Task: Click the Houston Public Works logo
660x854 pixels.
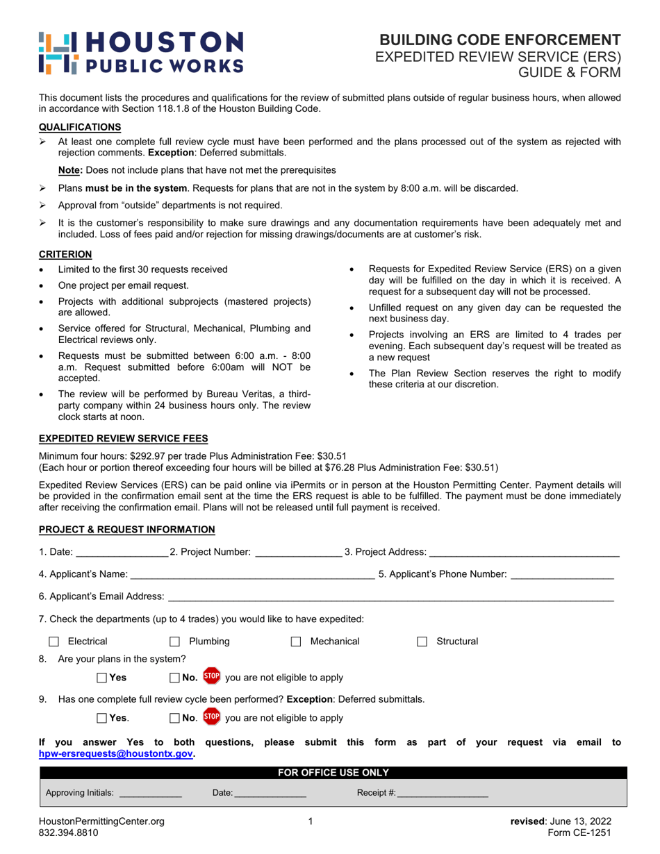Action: click(142, 52)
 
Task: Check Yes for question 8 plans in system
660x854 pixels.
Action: click(102, 677)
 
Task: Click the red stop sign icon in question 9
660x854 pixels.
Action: click(212, 717)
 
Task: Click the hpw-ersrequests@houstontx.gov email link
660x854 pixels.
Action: click(116, 753)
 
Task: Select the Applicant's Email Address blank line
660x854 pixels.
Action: click(390, 596)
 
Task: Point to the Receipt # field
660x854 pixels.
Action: click(443, 793)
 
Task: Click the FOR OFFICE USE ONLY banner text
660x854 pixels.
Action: click(333, 772)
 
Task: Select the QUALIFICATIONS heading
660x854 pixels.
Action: click(80, 127)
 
